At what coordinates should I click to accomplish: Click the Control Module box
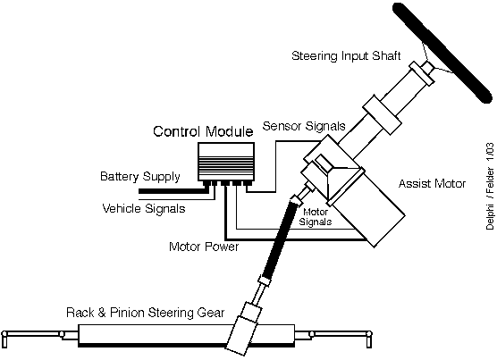click(x=226, y=162)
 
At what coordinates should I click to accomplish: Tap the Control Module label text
click(x=203, y=131)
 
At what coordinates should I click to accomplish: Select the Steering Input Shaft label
click(x=346, y=55)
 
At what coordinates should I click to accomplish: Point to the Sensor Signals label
click(x=304, y=126)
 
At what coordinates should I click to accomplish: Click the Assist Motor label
click(x=432, y=184)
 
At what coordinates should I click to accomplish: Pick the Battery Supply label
click(x=140, y=177)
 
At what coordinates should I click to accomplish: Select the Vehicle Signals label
click(x=144, y=209)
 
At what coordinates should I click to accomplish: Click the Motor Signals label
click(x=315, y=217)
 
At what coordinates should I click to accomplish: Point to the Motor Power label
click(x=204, y=247)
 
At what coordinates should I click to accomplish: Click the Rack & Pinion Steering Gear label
click(x=145, y=313)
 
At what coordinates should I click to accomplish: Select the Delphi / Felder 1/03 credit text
click(x=490, y=186)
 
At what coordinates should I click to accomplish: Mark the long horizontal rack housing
click(x=186, y=335)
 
